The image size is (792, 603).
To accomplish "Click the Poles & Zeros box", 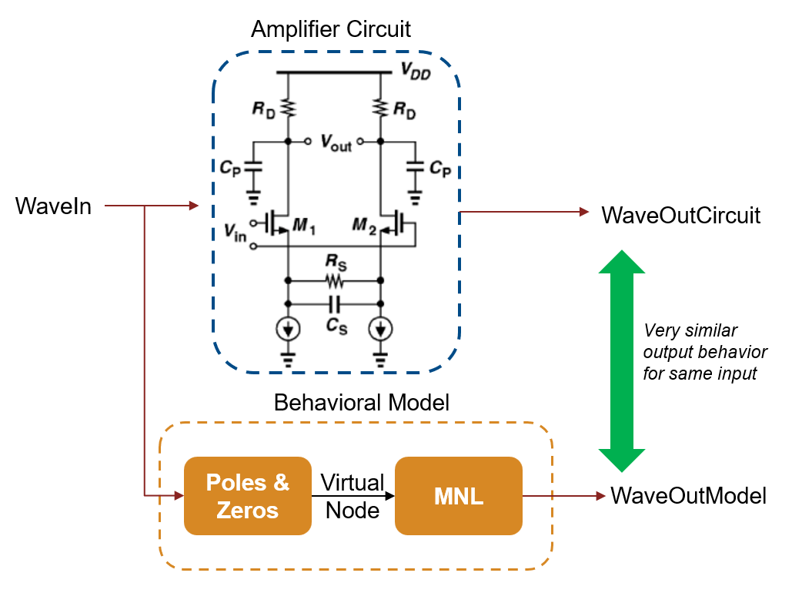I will click(247, 496).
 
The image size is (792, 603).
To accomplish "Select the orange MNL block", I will click(458, 496).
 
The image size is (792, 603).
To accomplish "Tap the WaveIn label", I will click(53, 206).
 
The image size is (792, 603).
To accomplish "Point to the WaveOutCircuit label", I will click(680, 215).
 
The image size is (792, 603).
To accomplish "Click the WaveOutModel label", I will click(688, 496).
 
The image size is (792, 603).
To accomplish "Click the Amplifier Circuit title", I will click(331, 29).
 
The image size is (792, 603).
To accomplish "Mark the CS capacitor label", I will click(336, 327).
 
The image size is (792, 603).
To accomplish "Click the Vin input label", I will click(235, 234).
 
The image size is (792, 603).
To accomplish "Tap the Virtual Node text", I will click(353, 496).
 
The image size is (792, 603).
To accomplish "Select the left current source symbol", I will click(287, 329).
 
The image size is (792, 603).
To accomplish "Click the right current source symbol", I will click(379, 329).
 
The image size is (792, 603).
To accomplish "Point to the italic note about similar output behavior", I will click(705, 353).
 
